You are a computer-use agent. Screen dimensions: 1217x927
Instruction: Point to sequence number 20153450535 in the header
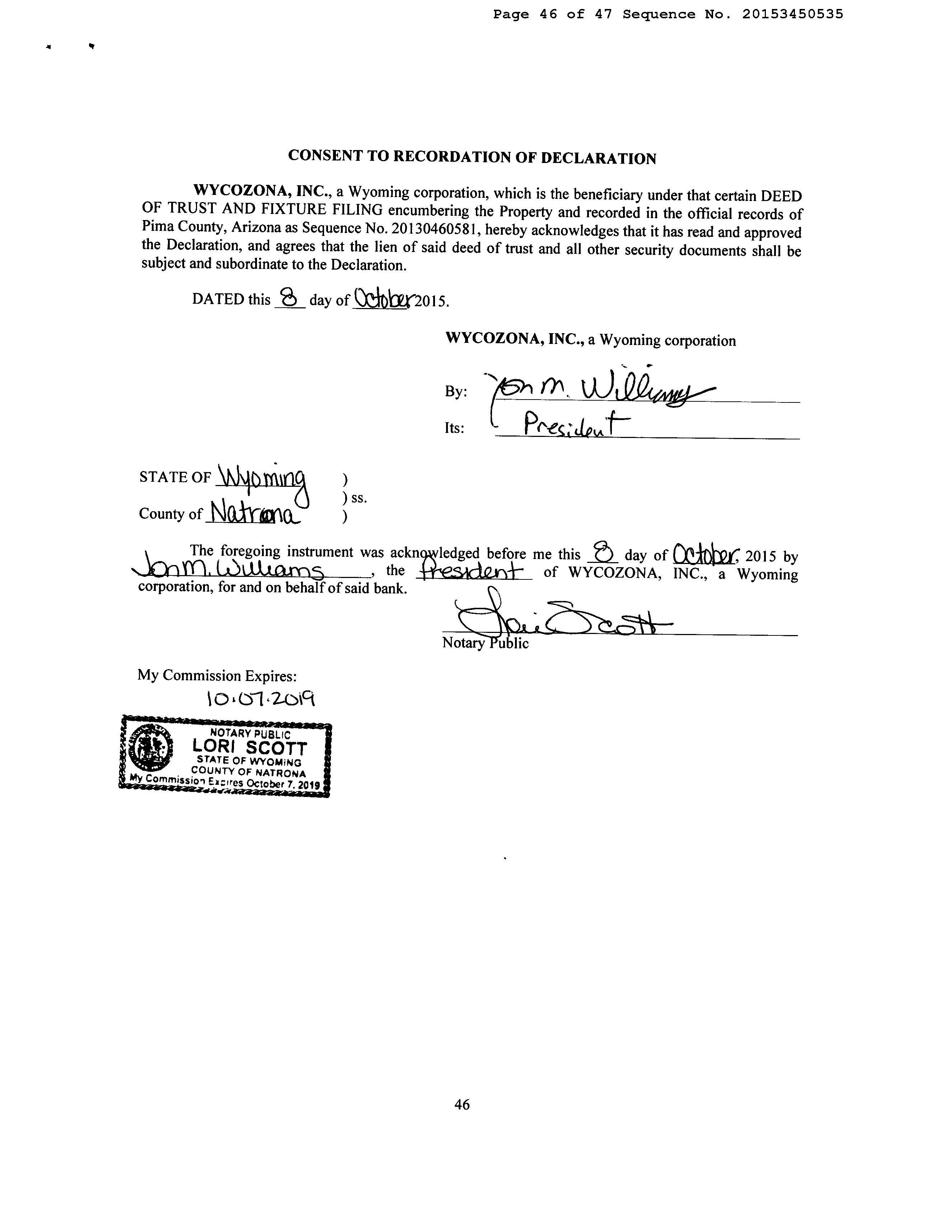tap(792, 14)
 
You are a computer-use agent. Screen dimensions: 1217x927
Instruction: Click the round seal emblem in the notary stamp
tap(150, 750)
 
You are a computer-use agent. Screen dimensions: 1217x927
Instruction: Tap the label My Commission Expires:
tap(217, 676)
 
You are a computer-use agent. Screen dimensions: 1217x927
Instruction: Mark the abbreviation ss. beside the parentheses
tap(358, 498)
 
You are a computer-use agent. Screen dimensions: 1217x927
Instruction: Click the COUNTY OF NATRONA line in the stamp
tap(248, 771)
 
